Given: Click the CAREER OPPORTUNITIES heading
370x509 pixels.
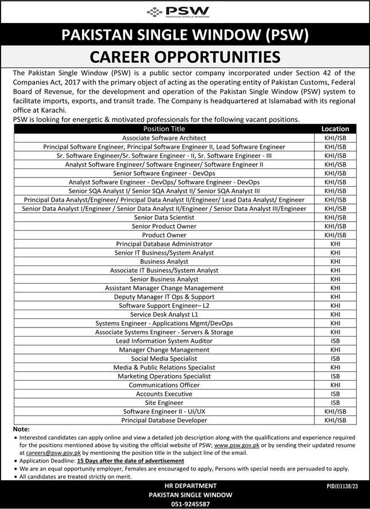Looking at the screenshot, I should [184, 57].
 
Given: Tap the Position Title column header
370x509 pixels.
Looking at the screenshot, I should [165, 129].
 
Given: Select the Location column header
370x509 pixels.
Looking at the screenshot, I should [336, 129].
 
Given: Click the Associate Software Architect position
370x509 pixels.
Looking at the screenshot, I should [165, 138].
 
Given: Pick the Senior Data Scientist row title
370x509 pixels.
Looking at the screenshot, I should [165, 218].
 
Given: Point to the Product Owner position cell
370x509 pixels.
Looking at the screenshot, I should [165, 235].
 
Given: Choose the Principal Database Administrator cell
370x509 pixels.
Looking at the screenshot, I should [165, 244].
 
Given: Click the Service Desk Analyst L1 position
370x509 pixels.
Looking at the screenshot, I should [165, 315].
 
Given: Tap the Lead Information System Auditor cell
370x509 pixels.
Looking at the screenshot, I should [165, 341].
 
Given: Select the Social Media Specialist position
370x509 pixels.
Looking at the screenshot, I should [165, 358].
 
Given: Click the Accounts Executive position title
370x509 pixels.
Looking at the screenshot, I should [165, 394].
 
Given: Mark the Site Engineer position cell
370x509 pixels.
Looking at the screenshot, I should [165, 403].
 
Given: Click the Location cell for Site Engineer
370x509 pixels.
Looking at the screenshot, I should [336, 403].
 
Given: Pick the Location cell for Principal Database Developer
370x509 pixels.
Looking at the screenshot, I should [336, 421].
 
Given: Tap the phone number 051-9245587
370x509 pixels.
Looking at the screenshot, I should [184, 504].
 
